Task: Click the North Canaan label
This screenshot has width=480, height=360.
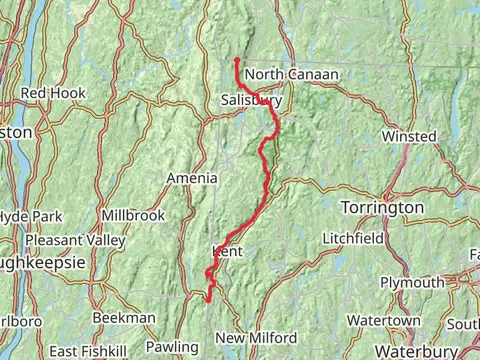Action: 291,75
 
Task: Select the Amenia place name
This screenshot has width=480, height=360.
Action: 192,178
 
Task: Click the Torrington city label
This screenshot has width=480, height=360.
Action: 382,207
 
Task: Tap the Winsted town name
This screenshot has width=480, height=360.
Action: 410,136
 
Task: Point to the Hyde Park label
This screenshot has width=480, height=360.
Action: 30,217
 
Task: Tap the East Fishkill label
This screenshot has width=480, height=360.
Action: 91,352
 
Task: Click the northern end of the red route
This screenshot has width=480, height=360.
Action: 237,61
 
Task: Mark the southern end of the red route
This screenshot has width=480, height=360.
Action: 208,298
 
